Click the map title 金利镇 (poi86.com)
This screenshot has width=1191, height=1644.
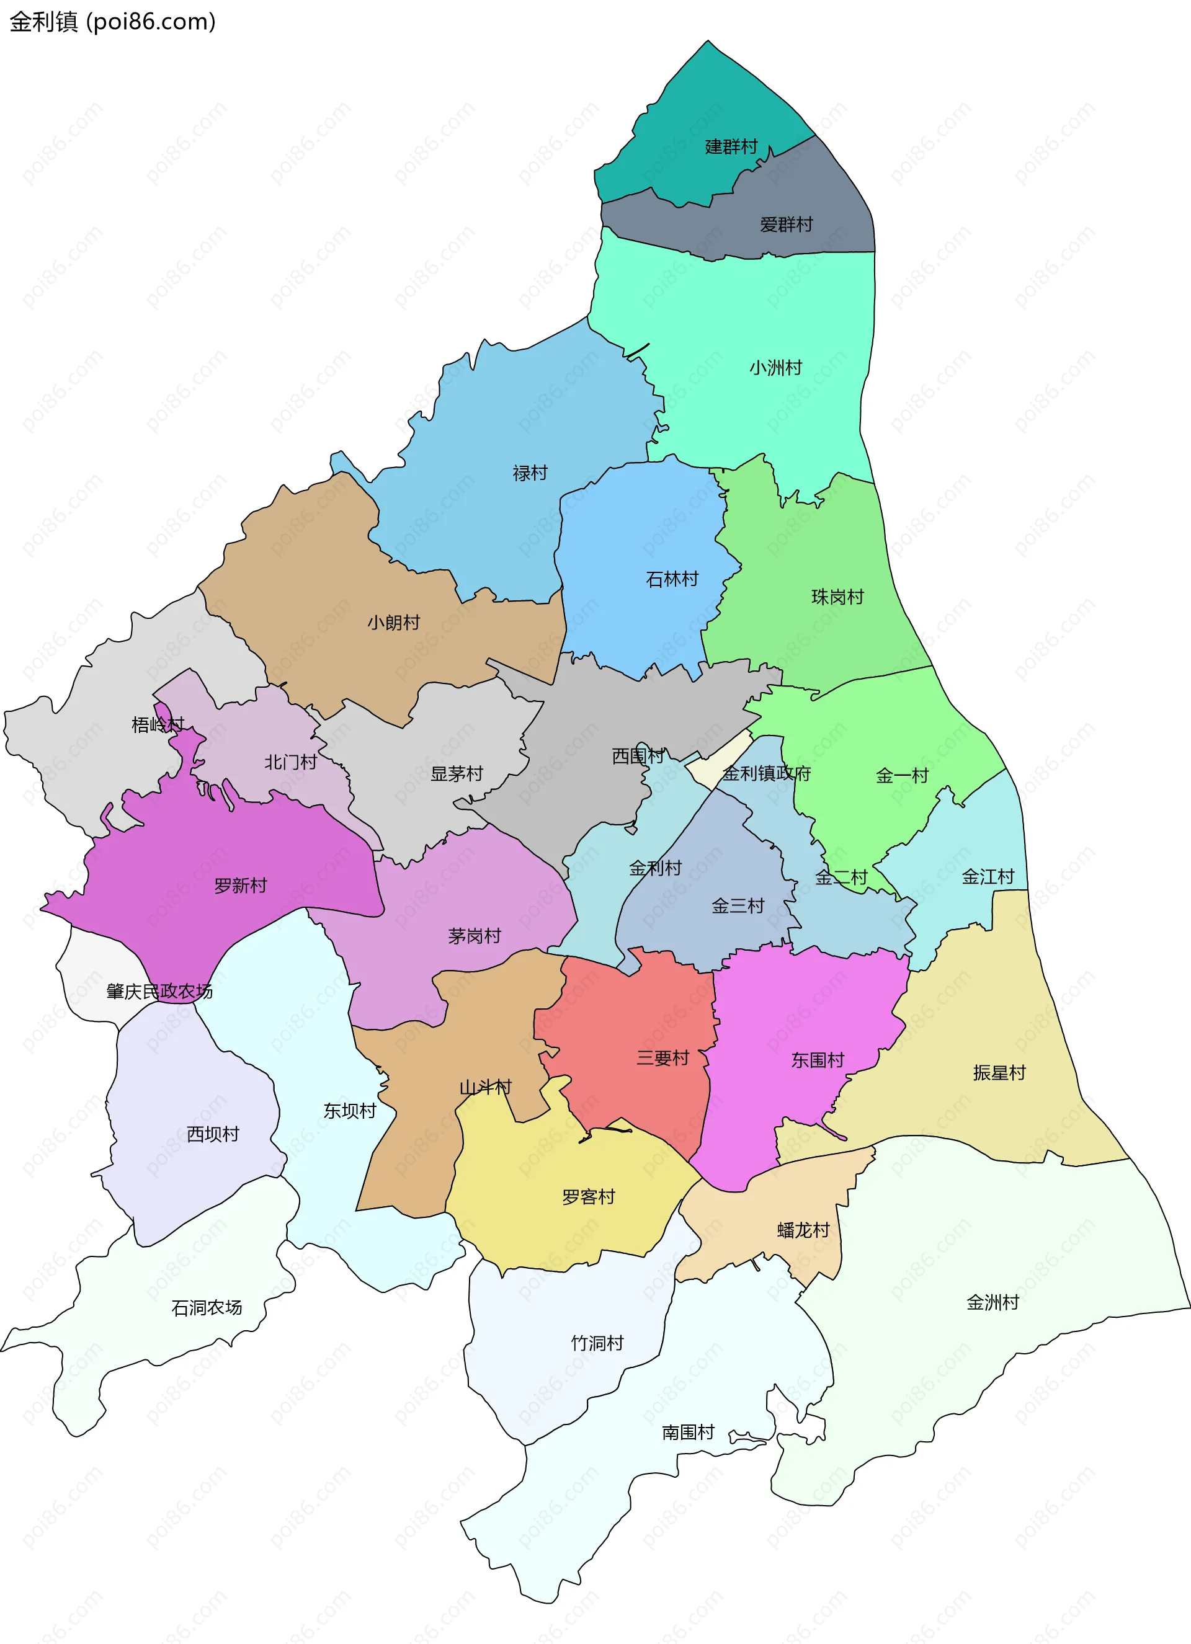coord(112,22)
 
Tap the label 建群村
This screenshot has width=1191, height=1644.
coord(731,147)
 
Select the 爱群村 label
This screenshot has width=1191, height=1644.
coord(786,224)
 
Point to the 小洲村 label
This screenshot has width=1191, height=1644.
coord(775,368)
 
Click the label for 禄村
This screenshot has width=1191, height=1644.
coord(530,473)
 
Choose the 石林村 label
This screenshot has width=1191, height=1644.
coord(672,579)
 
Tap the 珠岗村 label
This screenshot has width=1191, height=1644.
coord(837,597)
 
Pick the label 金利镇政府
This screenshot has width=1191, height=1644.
coord(766,773)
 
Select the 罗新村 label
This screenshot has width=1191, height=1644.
coord(241,886)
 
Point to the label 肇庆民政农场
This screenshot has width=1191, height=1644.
coord(159,992)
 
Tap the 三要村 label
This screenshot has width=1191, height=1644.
coord(662,1059)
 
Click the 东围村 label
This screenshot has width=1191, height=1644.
coord(818,1060)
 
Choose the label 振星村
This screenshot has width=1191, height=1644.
coord(999,1073)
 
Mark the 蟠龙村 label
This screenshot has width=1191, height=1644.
coord(803,1230)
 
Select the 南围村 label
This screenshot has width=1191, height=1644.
coord(688,1433)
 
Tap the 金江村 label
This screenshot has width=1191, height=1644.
coord(988,877)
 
